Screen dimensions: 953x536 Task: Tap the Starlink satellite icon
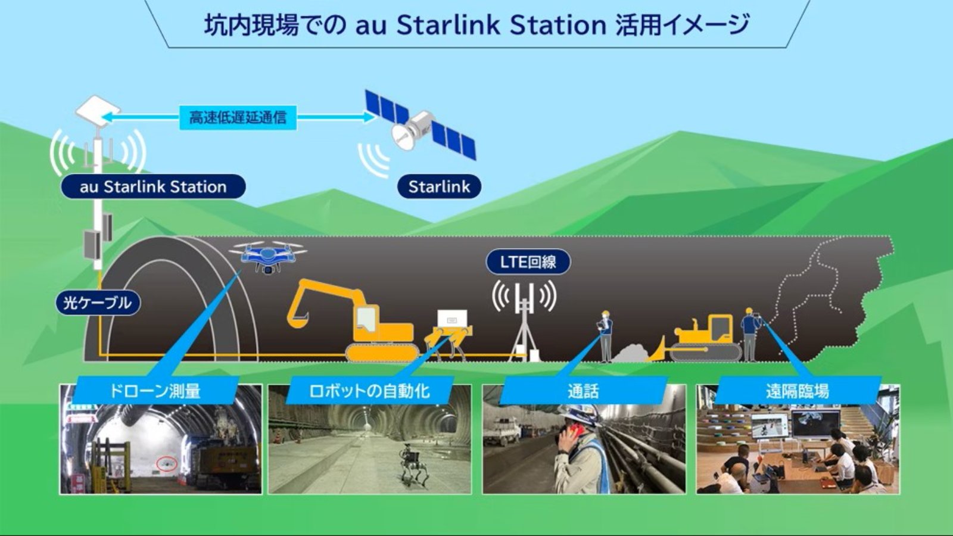421,125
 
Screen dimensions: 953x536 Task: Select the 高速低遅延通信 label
238,117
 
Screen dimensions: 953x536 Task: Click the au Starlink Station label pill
153,187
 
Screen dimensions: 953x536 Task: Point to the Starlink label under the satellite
439,187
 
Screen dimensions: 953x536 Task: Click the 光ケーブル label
98,303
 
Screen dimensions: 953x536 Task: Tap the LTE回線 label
528,261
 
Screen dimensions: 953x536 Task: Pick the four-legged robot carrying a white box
449,334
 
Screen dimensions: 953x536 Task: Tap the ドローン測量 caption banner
155,391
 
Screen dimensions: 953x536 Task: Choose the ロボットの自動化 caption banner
369,391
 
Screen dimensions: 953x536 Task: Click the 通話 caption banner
583,391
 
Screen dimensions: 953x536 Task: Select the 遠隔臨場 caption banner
798,391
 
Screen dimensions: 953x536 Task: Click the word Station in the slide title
558,24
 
